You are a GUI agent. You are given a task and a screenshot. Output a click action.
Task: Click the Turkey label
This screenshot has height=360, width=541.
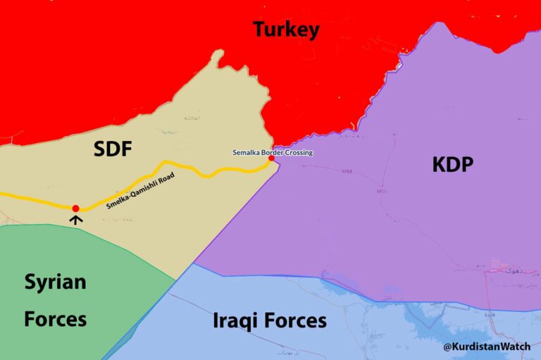point(286,30)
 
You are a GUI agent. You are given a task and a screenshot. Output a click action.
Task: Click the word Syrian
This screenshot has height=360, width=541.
point(55,283)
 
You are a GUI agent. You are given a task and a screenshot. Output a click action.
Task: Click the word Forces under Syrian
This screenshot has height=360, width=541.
point(55,319)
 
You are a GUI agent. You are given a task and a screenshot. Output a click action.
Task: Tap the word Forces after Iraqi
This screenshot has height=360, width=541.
point(297,321)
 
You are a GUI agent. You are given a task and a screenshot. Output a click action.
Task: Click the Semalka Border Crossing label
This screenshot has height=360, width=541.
point(273,152)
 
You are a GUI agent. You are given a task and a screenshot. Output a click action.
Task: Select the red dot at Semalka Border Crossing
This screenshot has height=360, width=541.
point(271,158)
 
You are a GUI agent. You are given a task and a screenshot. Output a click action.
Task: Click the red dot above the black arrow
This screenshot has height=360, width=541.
point(75,208)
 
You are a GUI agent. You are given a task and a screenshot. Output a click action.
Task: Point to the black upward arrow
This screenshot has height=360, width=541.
point(76,219)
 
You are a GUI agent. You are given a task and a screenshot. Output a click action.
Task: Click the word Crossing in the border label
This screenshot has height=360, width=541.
point(298,152)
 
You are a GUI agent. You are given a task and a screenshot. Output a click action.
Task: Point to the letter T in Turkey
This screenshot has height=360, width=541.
point(259,30)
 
